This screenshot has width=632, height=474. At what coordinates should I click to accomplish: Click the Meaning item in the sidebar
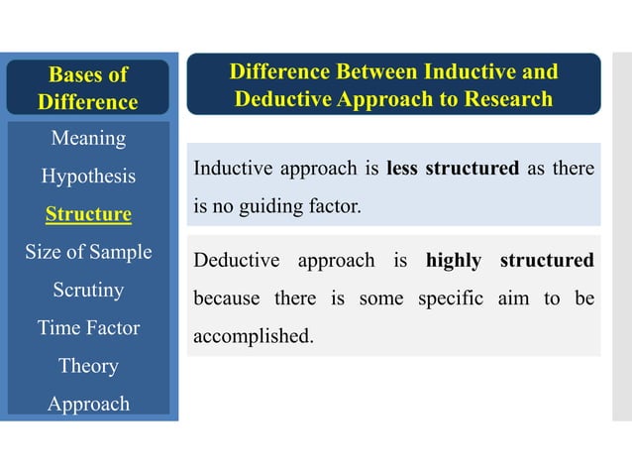tap(88, 138)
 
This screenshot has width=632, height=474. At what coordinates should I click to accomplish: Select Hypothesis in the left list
tap(88, 177)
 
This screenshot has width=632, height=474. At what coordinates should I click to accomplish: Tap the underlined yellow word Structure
tap(88, 214)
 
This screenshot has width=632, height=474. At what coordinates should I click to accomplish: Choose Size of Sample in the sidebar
tap(88, 252)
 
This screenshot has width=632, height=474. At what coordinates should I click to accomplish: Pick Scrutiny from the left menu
tap(88, 291)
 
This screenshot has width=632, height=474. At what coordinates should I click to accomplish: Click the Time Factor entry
tap(88, 328)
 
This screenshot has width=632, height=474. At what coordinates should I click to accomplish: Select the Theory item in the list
tap(88, 366)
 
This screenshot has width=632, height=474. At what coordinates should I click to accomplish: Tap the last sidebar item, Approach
tap(88, 404)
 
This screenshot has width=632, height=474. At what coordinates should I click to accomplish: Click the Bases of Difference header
tap(88, 88)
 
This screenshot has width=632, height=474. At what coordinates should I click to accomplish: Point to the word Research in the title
tap(503, 99)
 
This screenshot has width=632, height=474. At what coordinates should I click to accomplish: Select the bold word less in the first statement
tap(401, 169)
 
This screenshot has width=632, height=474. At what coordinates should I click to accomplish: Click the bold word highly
tap(453, 261)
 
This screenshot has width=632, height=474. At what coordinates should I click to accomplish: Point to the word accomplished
tap(253, 336)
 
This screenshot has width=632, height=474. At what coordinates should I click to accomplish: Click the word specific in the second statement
tap(456, 298)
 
